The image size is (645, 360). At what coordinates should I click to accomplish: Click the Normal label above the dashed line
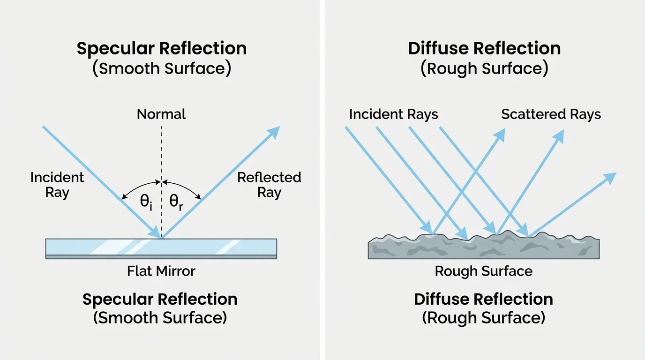pyautogui.click(x=161, y=114)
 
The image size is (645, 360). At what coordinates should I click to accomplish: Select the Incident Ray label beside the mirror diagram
pyautogui.click(x=57, y=185)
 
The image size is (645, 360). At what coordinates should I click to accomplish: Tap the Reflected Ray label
pyautogui.click(x=269, y=185)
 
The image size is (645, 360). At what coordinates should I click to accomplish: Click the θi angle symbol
pyautogui.click(x=146, y=203)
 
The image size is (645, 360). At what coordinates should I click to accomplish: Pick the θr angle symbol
pyautogui.click(x=176, y=203)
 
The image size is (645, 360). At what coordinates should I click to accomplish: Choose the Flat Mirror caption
pyautogui.click(x=161, y=271)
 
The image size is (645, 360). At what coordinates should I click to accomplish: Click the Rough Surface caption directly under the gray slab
pyautogui.click(x=483, y=271)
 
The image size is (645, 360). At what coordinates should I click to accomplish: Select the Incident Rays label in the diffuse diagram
pyautogui.click(x=393, y=114)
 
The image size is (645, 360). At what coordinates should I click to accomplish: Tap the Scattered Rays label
pyautogui.click(x=551, y=114)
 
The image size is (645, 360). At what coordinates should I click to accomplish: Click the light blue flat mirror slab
pyautogui.click(x=161, y=247)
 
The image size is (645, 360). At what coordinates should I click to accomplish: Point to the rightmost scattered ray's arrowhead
pyautogui.click(x=610, y=177)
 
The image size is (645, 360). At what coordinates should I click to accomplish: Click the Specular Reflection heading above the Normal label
pyautogui.click(x=161, y=49)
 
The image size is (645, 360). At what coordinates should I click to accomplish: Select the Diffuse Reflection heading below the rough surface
pyautogui.click(x=483, y=300)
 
